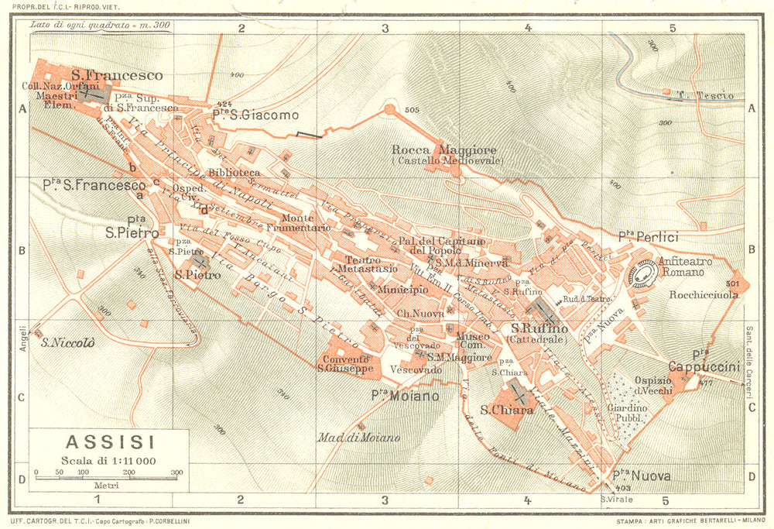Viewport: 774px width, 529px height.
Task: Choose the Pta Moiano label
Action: [x=404, y=396]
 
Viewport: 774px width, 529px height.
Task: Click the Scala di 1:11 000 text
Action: [x=109, y=462]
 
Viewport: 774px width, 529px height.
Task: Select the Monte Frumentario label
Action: [x=287, y=223]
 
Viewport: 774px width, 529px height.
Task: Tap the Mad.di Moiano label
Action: [x=358, y=438]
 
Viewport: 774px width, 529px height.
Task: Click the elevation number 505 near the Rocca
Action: [x=410, y=110]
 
